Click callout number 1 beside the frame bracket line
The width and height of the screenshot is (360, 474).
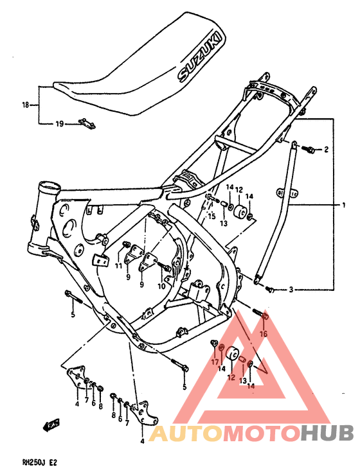(x=343, y=205)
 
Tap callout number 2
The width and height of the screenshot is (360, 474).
(x=326, y=150)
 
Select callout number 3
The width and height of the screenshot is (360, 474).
(x=291, y=290)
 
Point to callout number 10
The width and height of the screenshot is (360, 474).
(x=162, y=286)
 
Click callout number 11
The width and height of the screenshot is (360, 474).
(x=118, y=265)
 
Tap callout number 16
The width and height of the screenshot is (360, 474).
(x=263, y=334)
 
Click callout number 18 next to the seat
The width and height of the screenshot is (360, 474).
(x=26, y=105)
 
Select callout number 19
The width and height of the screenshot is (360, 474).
(x=59, y=124)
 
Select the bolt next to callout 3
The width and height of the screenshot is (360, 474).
(x=271, y=290)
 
